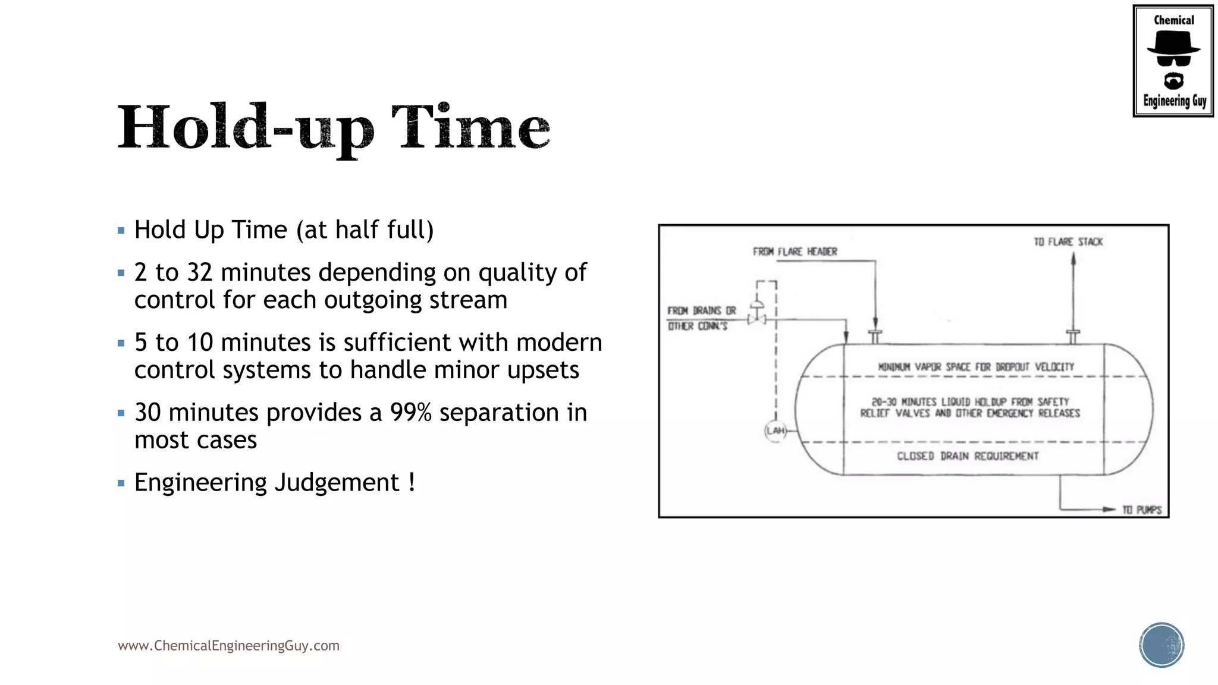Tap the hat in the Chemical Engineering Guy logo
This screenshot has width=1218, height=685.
click(1173, 43)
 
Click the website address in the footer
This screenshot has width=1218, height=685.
click(228, 646)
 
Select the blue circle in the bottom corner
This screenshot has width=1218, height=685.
click(1162, 645)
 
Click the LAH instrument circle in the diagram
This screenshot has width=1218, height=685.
click(776, 431)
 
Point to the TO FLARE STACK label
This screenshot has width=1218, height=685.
click(1068, 242)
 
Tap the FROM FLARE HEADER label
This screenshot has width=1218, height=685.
click(795, 252)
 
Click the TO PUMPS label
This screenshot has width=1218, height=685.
click(1142, 510)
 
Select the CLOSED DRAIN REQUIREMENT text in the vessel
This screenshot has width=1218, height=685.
click(968, 456)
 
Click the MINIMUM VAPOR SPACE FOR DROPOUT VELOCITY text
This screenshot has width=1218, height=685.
click(976, 367)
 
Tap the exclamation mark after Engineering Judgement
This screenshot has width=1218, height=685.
click(412, 482)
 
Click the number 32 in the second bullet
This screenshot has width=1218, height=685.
click(199, 272)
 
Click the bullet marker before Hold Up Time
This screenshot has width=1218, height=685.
click(121, 230)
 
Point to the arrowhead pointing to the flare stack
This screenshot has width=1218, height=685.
click(1073, 258)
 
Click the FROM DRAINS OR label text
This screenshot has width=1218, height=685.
click(701, 310)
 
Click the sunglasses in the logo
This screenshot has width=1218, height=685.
click(1173, 60)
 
